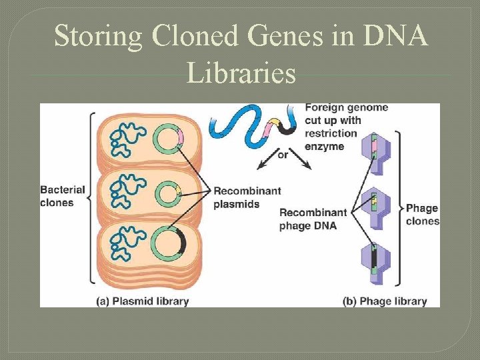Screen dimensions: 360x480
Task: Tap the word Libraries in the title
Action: [x=241, y=73]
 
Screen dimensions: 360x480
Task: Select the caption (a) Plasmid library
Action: [x=143, y=301]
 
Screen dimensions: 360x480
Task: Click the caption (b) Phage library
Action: [x=385, y=301]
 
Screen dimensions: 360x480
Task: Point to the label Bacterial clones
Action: [x=63, y=196]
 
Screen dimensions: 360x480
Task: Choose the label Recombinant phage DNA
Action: [x=313, y=219]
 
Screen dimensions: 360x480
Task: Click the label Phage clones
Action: [x=423, y=215]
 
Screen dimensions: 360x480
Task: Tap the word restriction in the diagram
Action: [x=331, y=133]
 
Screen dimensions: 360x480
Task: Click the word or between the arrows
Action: [x=283, y=154]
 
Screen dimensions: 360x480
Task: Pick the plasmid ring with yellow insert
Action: [x=168, y=195]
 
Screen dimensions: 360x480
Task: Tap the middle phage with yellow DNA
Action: [x=375, y=201]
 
